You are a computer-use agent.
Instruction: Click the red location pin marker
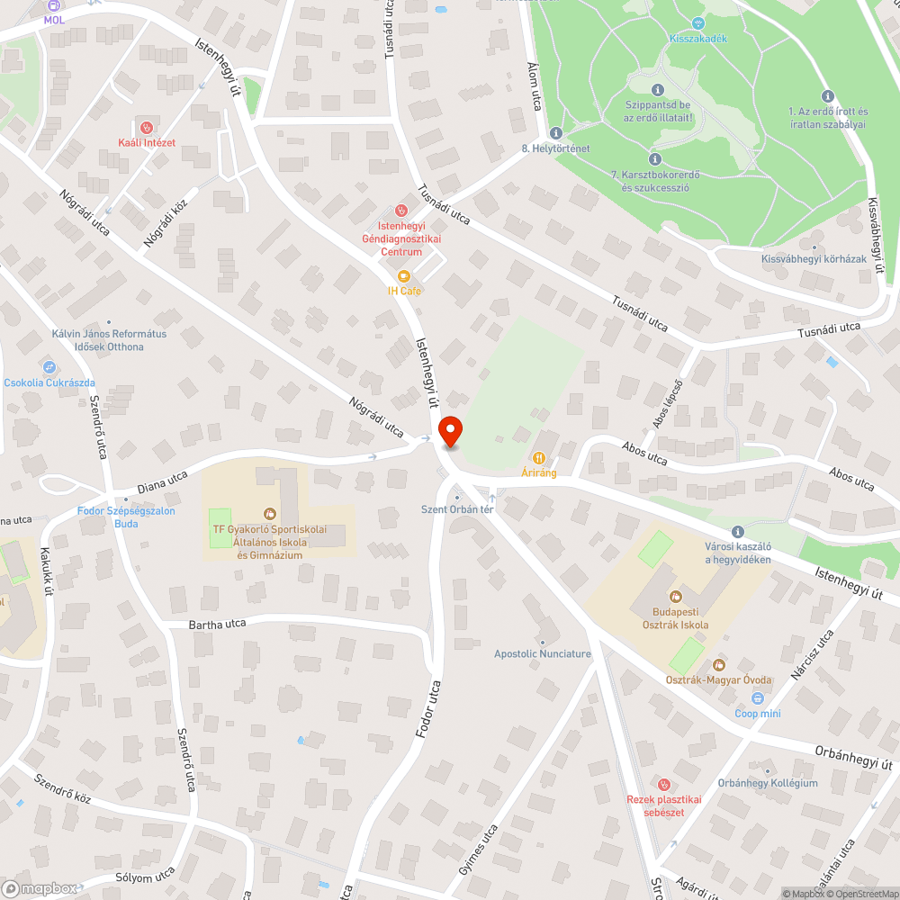pyautogui.click(x=449, y=432)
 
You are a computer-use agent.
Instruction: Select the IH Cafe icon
pyautogui.click(x=404, y=276)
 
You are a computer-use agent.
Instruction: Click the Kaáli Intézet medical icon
pyautogui.click(x=146, y=127)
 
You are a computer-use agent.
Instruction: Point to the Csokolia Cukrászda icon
pyautogui.click(x=49, y=367)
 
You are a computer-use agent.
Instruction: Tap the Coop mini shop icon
pyautogui.click(x=758, y=698)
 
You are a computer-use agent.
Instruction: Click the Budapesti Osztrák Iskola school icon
pyautogui.click(x=675, y=596)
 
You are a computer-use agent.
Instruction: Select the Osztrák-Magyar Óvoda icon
pyautogui.click(x=718, y=665)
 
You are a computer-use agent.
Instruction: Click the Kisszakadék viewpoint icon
pyautogui.click(x=698, y=23)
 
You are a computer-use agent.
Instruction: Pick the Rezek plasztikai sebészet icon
pyautogui.click(x=663, y=785)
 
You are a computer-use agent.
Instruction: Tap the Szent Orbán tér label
pyautogui.click(x=457, y=509)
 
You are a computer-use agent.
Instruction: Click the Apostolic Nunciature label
pyautogui.click(x=543, y=653)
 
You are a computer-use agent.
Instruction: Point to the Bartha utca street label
pyautogui.click(x=217, y=624)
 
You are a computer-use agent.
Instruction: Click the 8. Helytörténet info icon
pyautogui.click(x=555, y=132)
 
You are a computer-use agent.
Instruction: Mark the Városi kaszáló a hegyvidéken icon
pyautogui.click(x=738, y=532)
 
